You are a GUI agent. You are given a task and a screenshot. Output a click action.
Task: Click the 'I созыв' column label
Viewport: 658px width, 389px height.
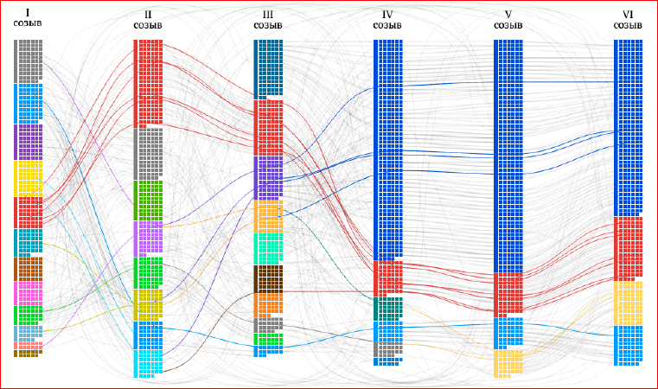tap(27, 18)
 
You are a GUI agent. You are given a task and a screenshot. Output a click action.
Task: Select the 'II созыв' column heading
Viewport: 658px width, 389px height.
tap(148, 20)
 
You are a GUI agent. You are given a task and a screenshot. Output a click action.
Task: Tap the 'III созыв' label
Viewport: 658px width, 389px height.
tap(268, 20)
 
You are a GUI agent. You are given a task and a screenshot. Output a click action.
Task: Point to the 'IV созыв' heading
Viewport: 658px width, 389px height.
tap(387, 20)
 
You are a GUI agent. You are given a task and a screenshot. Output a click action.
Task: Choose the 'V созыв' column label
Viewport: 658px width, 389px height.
tap(508, 20)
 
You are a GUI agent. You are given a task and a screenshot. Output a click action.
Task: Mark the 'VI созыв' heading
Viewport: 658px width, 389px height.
tap(628, 20)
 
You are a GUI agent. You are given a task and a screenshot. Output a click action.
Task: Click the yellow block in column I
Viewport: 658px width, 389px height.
tap(28, 178)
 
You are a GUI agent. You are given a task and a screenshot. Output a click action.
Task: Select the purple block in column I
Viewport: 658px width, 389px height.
tap(28, 142)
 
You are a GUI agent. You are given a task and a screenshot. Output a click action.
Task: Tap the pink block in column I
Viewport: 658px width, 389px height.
tap(28, 293)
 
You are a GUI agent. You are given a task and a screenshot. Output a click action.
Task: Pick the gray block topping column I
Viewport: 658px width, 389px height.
tap(28, 61)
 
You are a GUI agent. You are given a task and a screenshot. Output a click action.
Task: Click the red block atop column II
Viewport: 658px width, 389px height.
tap(148, 83)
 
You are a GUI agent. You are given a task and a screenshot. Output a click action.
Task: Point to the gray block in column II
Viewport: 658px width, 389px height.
tap(148, 153)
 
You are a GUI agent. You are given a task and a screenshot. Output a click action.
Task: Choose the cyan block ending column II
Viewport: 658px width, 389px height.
tap(148, 349)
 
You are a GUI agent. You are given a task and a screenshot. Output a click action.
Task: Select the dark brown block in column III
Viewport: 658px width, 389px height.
tap(268, 278)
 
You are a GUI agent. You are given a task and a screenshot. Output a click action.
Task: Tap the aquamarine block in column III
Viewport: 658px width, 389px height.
tap(268, 247)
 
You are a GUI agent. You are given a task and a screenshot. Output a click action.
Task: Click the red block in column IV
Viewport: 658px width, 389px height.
tap(387, 278)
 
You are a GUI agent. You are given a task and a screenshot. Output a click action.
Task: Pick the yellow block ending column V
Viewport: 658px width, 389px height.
tap(508, 363)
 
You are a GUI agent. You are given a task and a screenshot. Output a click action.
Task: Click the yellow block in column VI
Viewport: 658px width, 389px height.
tap(628, 303)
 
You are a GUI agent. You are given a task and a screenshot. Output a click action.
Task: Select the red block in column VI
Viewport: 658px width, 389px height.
tap(628, 248)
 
